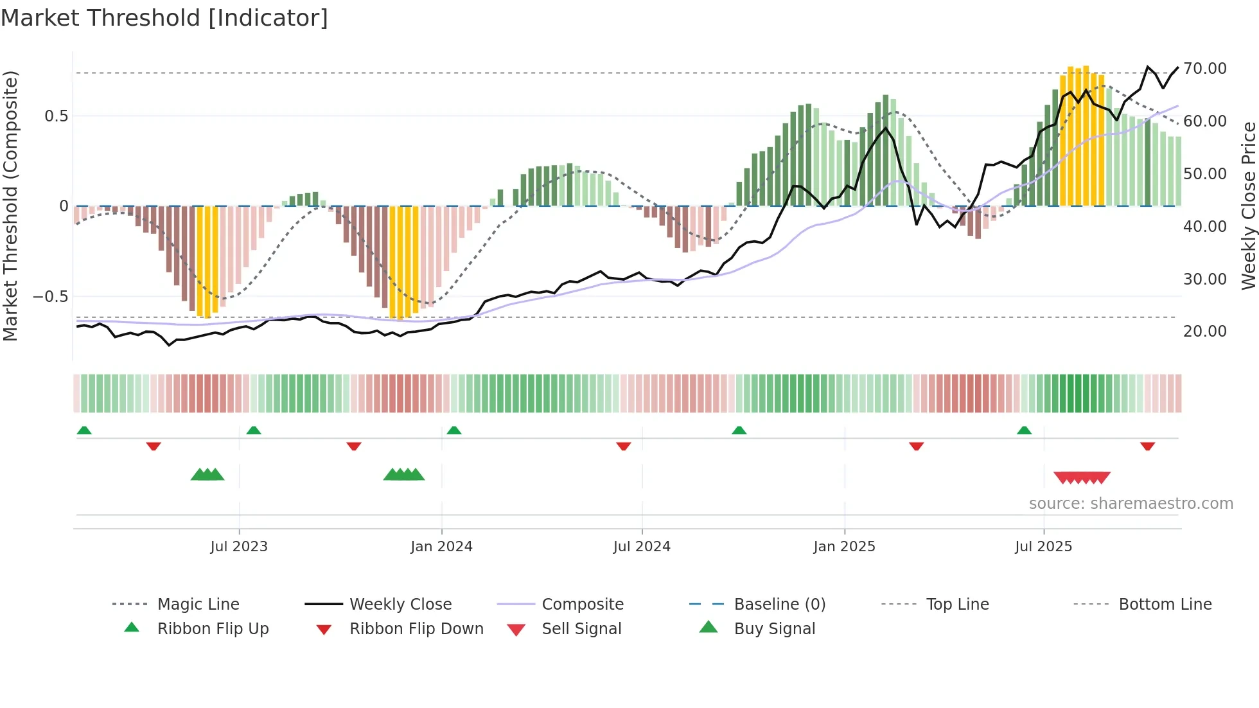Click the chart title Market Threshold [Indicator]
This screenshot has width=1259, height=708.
164,18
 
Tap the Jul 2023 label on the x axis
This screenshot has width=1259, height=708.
239,547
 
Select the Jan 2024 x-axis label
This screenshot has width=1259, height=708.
441,547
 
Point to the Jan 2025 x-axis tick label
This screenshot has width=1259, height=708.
844,547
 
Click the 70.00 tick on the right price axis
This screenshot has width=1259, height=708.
1205,69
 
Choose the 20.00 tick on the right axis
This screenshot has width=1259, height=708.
1205,332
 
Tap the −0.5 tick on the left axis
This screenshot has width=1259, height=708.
50,297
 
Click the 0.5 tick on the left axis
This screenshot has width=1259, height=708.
56,116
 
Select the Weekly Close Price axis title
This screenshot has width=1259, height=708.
1248,206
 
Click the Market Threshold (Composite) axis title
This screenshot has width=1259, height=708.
10,206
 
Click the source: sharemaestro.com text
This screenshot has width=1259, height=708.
1131,504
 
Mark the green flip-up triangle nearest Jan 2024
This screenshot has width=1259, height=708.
454,430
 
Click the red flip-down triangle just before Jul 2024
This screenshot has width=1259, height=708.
623,446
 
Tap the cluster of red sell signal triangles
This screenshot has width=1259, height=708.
1082,478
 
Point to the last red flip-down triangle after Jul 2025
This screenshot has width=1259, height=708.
1147,446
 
